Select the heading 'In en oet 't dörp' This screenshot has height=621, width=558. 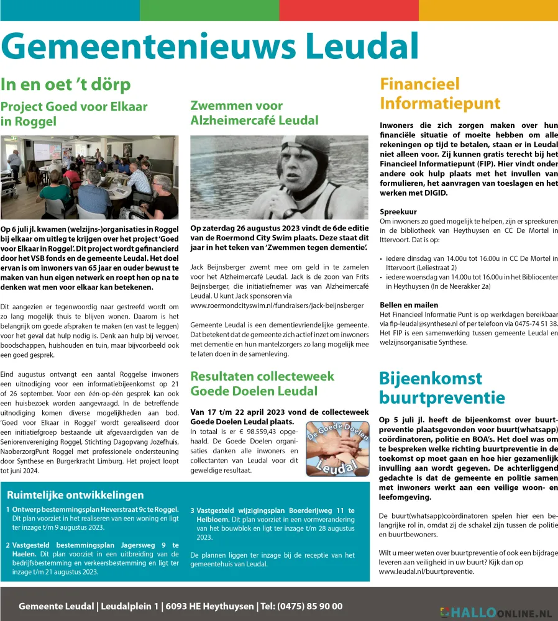[65, 84]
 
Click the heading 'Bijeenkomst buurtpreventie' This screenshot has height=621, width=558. [442, 388]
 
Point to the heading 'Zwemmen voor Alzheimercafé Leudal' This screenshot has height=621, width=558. [254, 113]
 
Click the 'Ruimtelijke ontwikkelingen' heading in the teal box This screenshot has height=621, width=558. [75, 495]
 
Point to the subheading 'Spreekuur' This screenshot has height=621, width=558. [398, 211]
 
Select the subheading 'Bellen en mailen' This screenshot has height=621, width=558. [409, 305]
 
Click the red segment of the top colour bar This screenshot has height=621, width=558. [349, 10]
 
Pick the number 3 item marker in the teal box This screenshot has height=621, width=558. [193, 510]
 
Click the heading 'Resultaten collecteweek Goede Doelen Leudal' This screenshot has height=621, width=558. [262, 384]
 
